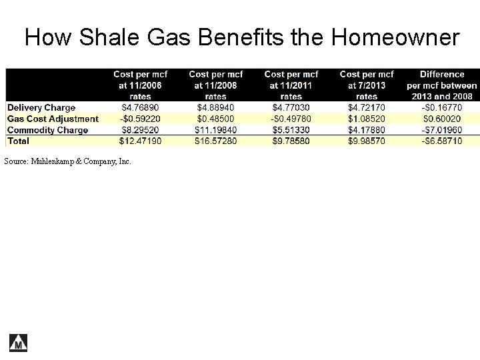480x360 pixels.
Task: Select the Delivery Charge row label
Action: click(x=41, y=107)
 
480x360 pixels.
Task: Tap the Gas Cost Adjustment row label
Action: click(x=53, y=119)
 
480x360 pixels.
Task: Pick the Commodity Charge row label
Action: click(x=47, y=130)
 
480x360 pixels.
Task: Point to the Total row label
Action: click(x=18, y=141)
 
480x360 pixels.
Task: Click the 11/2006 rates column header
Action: click(x=141, y=85)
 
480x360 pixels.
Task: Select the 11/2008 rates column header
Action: click(x=216, y=85)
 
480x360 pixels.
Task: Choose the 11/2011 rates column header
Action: click(x=291, y=85)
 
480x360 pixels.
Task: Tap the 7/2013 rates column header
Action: click(x=367, y=85)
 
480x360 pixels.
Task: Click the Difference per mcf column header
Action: click(x=441, y=85)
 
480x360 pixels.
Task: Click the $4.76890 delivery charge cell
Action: click(x=141, y=107)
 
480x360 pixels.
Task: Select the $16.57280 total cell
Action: click(x=216, y=141)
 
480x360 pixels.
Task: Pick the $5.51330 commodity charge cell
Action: click(x=291, y=130)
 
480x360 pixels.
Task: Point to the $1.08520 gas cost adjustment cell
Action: click(x=367, y=119)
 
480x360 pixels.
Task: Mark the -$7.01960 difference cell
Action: click(x=441, y=130)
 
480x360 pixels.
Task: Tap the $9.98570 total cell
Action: click(x=367, y=141)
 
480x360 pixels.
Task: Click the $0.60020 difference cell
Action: click(x=441, y=119)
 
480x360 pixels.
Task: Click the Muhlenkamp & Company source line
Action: click(x=68, y=161)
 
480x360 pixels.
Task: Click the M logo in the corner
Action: click(x=18, y=342)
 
